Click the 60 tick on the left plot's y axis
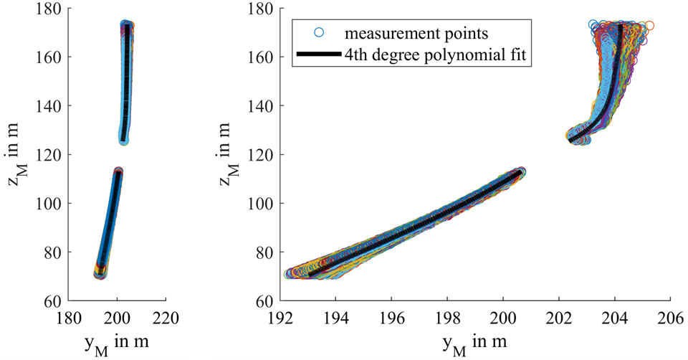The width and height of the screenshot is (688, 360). click(54, 301)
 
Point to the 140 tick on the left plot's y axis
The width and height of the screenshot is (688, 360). click(50, 106)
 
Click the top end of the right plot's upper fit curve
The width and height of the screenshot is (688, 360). click(620, 26)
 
